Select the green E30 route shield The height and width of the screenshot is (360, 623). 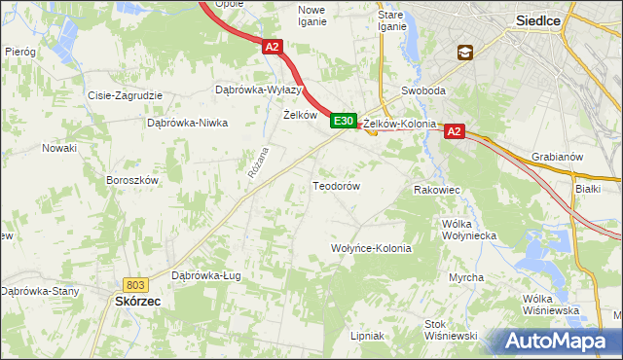pos(342,121)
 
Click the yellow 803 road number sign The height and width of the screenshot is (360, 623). pos(135,284)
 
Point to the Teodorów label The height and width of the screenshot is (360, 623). pos(337,185)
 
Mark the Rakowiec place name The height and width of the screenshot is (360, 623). pos(436,191)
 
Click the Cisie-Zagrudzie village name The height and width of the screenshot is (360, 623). pos(125,95)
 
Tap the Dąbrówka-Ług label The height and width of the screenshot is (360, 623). pos(205,275)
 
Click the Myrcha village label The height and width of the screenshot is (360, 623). pos(466,277)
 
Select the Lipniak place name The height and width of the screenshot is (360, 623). pos(367,336)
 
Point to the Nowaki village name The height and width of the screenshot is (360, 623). pos(58,148)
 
